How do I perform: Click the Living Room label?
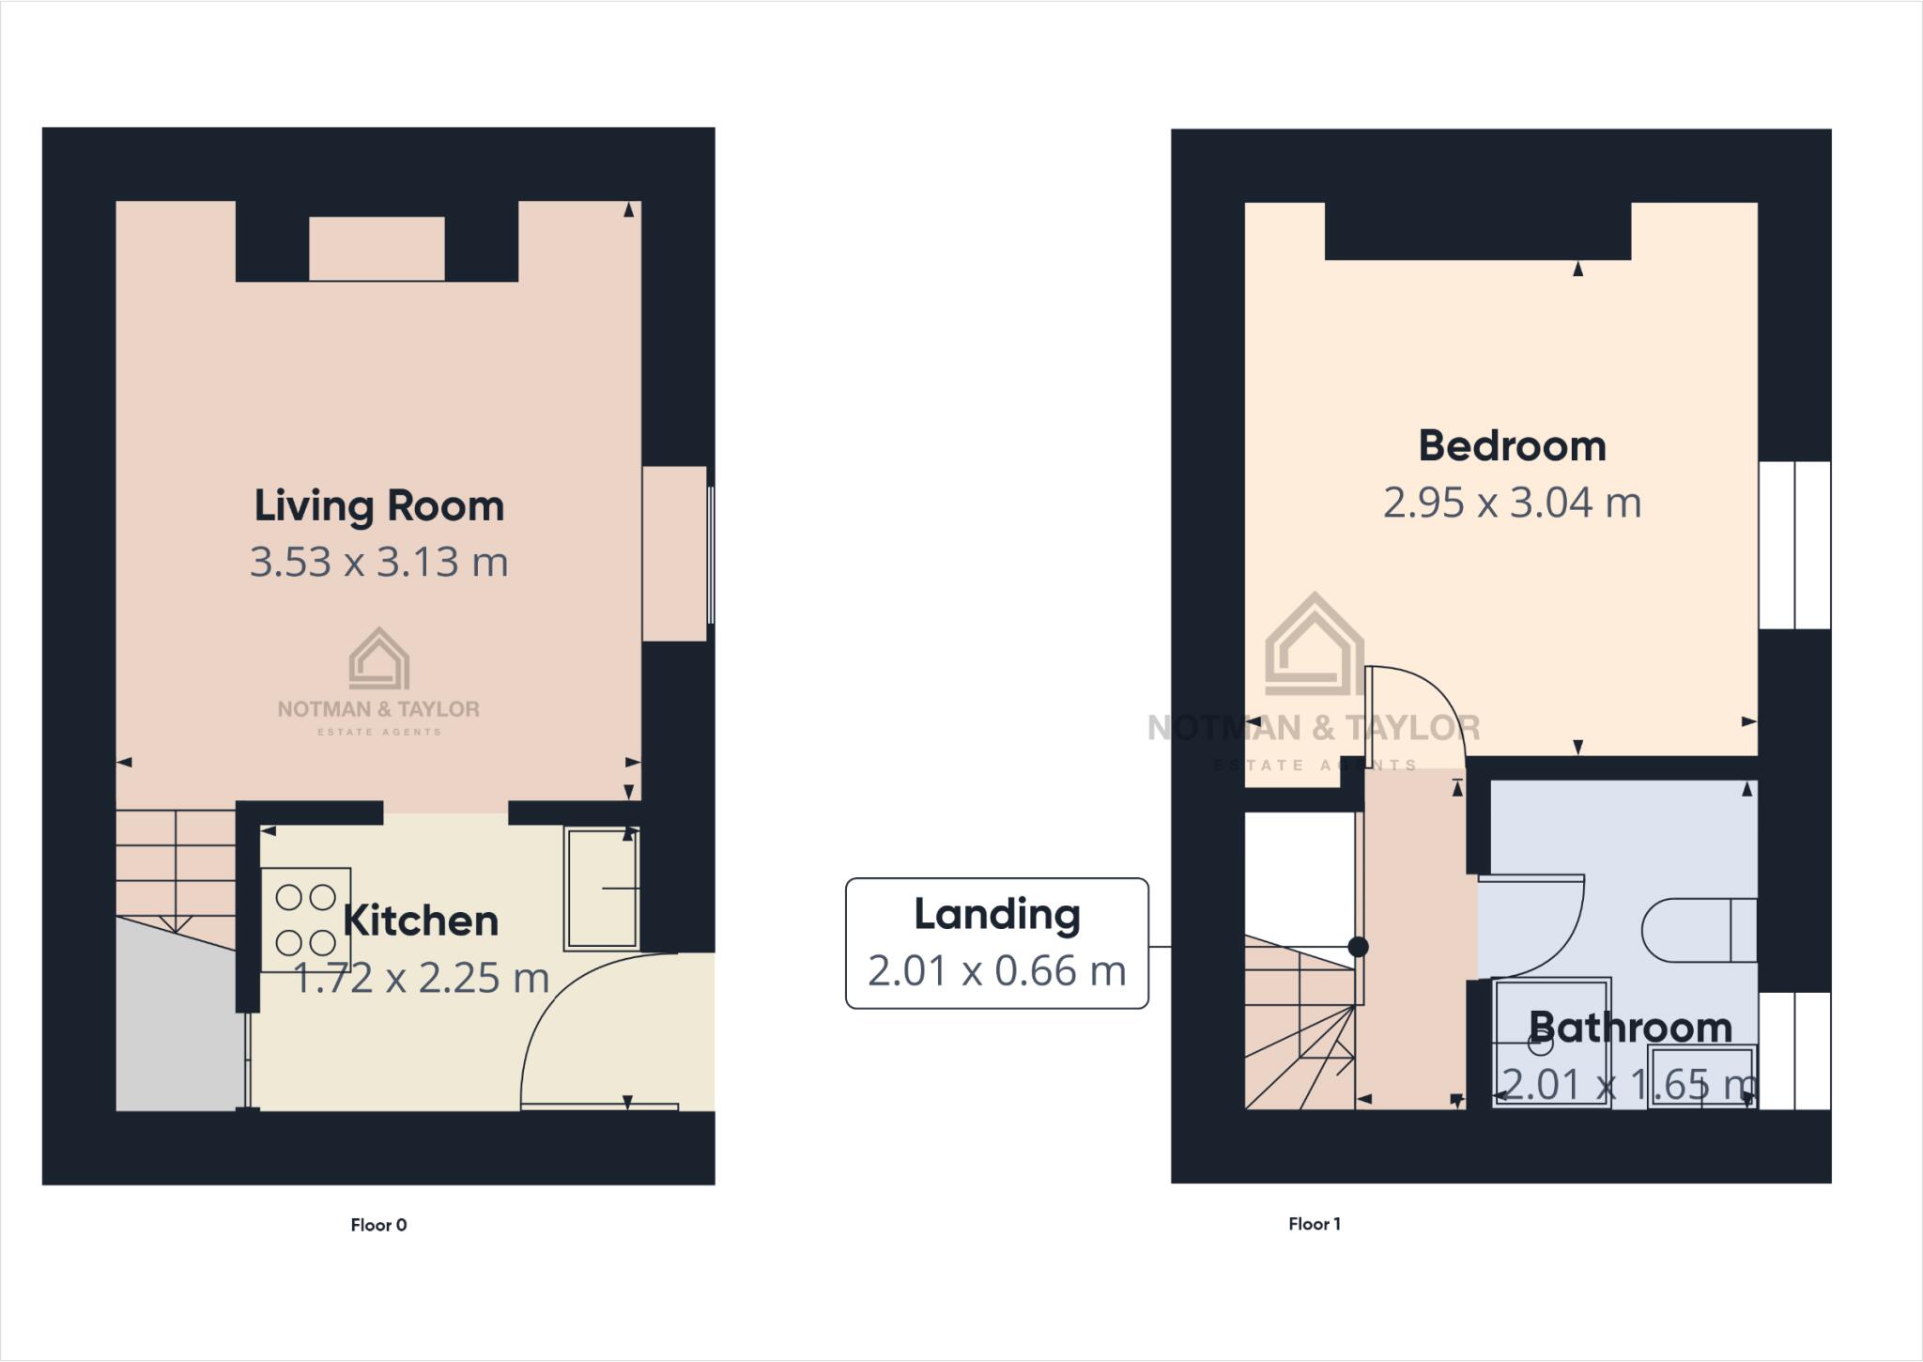pyautogui.click(x=378, y=506)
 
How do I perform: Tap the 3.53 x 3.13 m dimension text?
pyautogui.click(x=378, y=563)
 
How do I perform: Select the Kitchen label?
pyautogui.click(x=421, y=921)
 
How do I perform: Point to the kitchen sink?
pyautogui.click(x=601, y=889)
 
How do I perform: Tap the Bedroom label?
pyautogui.click(x=1512, y=446)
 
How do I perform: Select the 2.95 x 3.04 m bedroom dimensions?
pyautogui.click(x=1512, y=503)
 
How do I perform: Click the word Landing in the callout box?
pyautogui.click(x=997, y=914)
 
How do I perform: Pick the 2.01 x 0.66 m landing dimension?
pyautogui.click(x=997, y=971)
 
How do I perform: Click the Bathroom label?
pyautogui.click(x=1630, y=1028)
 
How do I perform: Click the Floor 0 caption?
pyautogui.click(x=378, y=1225)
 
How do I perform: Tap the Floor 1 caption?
pyautogui.click(x=1315, y=1224)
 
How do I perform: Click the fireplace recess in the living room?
pyautogui.click(x=377, y=248)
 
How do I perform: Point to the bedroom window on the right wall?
pyautogui.click(x=1794, y=545)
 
